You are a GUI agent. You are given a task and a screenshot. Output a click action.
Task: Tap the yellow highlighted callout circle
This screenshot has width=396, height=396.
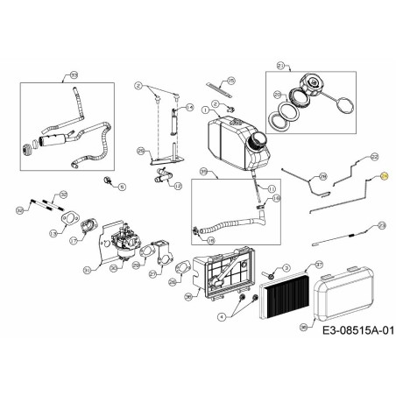(x=383, y=177)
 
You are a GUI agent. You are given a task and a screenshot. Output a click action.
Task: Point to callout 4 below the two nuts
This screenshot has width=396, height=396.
(x=223, y=316)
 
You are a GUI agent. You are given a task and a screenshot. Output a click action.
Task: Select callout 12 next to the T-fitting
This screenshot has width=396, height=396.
(x=179, y=187)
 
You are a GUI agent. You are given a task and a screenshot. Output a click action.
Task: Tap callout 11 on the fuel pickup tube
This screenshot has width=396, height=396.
(x=272, y=189)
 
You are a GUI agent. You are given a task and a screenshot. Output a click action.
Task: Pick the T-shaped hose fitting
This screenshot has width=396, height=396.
(x=162, y=179)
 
